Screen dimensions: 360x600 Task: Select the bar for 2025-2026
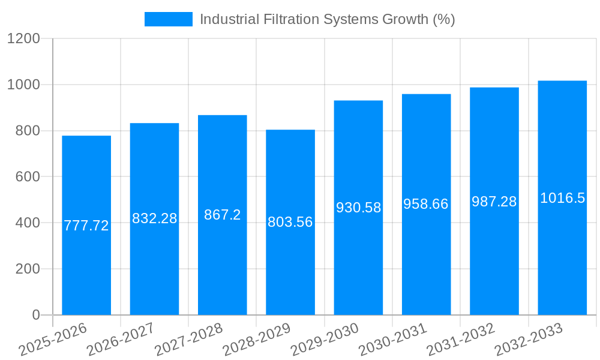[86, 270]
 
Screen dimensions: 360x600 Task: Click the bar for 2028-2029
[290, 270]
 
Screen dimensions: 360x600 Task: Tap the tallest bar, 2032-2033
[562, 258]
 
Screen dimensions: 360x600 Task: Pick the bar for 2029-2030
[358, 264]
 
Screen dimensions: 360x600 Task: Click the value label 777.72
[86, 226]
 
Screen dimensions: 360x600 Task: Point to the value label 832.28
[154, 218]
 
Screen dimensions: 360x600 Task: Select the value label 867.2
[223, 215]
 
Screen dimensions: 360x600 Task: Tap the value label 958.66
[426, 204]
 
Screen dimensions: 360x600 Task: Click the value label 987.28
[494, 202]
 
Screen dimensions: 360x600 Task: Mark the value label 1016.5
[562, 198]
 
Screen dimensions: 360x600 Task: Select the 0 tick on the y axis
[35, 315]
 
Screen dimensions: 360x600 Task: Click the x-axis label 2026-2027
[121, 340]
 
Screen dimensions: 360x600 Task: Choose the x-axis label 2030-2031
[393, 340]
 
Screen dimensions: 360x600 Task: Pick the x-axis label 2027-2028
[188, 340]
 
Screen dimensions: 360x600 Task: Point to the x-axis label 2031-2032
[461, 340]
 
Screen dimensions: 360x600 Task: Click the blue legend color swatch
[168, 19]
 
